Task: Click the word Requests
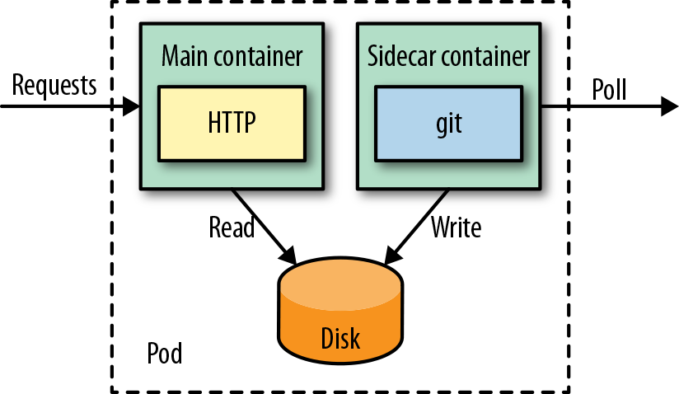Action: (54, 85)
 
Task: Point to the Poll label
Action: (609, 89)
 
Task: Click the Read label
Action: (232, 227)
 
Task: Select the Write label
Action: (455, 227)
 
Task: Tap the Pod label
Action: (165, 354)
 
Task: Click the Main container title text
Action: (232, 57)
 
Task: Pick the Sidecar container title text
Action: (449, 57)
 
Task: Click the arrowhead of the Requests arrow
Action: (131, 106)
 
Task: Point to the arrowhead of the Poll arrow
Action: (669, 106)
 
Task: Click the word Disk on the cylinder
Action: (341, 338)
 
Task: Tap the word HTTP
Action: (232, 123)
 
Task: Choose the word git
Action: (449, 124)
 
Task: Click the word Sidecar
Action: (400, 57)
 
